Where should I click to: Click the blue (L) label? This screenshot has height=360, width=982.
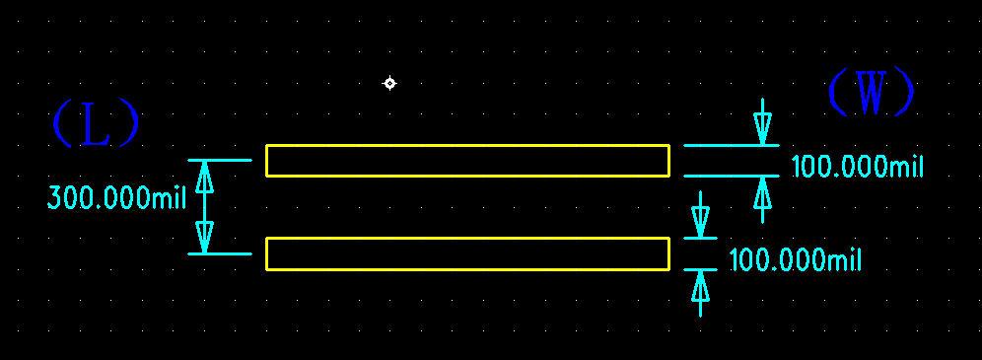point(95,125)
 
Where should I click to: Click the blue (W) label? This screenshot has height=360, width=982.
point(871,93)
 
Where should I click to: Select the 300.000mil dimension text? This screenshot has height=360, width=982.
point(116,198)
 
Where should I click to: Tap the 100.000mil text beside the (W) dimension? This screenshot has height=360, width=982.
point(857,167)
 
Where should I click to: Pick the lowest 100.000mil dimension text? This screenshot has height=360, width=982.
point(795,261)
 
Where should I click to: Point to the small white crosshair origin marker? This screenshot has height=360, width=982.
point(389,83)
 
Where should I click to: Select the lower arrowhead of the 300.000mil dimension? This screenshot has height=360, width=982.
point(205,238)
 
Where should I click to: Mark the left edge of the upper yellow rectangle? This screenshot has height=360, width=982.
point(266,161)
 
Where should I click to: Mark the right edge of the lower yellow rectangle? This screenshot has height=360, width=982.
point(669,253)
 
